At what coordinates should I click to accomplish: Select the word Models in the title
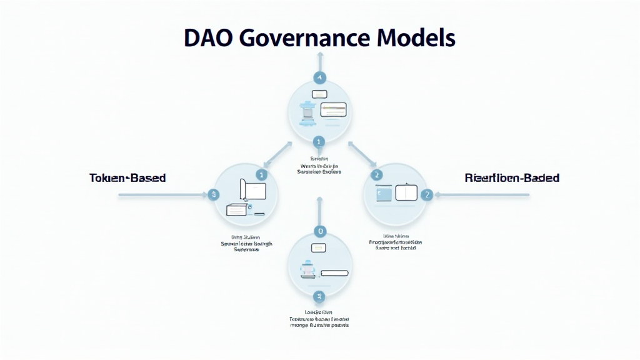417,39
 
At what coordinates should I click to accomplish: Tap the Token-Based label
127,178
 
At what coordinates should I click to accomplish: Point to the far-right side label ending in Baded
512,178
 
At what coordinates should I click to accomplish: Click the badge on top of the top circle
319,78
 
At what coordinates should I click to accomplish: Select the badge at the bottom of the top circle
319,142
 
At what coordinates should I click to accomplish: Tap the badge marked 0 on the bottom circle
320,231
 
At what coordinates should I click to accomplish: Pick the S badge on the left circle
214,195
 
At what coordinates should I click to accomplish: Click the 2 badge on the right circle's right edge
427,195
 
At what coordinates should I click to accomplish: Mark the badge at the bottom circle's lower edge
320,296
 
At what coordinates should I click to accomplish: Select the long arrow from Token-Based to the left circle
162,195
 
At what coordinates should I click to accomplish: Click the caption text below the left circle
246,243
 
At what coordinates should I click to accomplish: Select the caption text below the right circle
395,242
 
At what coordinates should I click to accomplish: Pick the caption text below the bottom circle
319,319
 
